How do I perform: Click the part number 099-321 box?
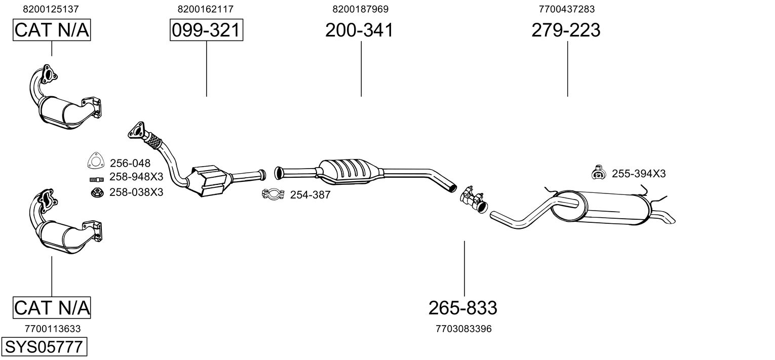[x=206, y=30]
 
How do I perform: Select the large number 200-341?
[x=359, y=30]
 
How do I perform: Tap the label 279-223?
[x=566, y=30]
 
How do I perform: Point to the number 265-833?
[x=462, y=307]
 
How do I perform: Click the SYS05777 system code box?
[x=44, y=348]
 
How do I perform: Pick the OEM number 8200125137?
[x=51, y=9]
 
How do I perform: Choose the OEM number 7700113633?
[x=52, y=329]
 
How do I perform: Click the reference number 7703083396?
[x=463, y=329]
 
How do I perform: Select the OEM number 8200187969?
[x=360, y=9]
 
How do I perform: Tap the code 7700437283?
[x=567, y=9]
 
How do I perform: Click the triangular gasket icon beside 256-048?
[x=95, y=161]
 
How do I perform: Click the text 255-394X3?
[x=639, y=174]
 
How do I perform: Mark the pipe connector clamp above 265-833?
[x=473, y=199]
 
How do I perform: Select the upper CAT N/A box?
[x=51, y=30]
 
